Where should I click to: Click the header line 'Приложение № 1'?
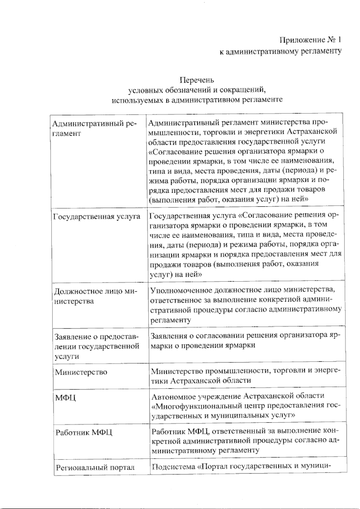coord(310,40)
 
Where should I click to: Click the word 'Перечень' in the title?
coord(196,80)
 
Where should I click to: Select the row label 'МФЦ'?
coord(65,398)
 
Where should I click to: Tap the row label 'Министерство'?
coord(81,372)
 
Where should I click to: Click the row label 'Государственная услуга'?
coord(97,216)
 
